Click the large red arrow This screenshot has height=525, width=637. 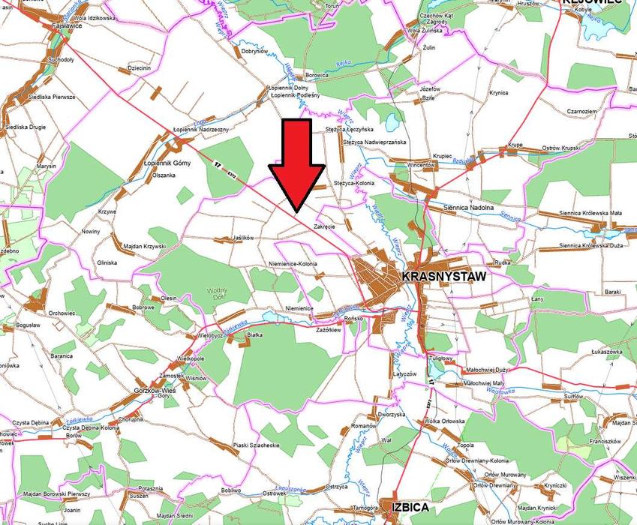[x=297, y=166]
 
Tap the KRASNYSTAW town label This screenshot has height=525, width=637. [x=444, y=276]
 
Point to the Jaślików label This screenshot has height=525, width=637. [x=244, y=238]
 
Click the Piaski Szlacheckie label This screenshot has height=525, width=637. [x=256, y=445]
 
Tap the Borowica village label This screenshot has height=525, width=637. [x=317, y=76]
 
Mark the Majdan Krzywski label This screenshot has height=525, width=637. [x=143, y=247]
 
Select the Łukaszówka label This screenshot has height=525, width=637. [x=608, y=351]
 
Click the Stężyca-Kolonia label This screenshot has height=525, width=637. [x=353, y=182]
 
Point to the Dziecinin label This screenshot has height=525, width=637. [x=140, y=68]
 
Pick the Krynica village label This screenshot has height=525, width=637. [x=498, y=93]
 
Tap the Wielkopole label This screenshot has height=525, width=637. [x=191, y=358]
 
